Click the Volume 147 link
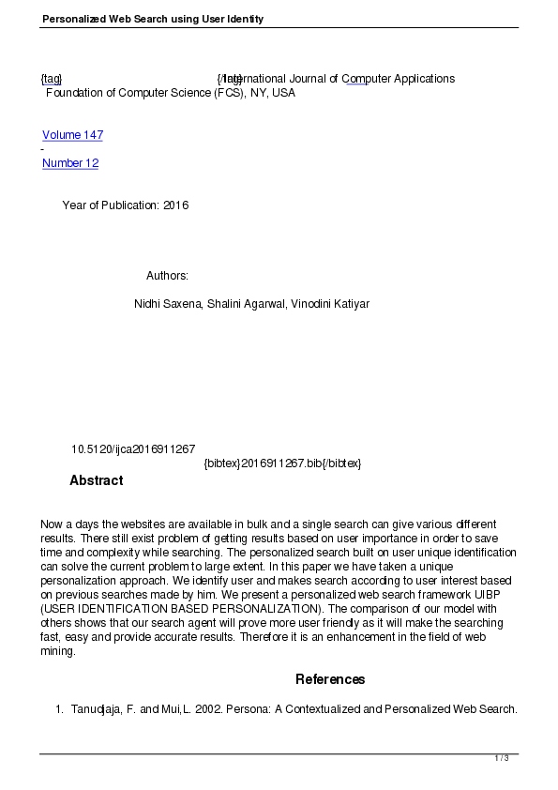72,135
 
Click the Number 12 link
70,163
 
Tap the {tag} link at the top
52,79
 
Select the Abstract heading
96,480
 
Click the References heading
330,679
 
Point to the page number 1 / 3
502,758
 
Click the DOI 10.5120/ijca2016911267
133,449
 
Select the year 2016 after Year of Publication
175,205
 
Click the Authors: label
167,276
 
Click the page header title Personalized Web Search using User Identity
153,19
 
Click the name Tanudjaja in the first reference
98,709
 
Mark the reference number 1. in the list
59,709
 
